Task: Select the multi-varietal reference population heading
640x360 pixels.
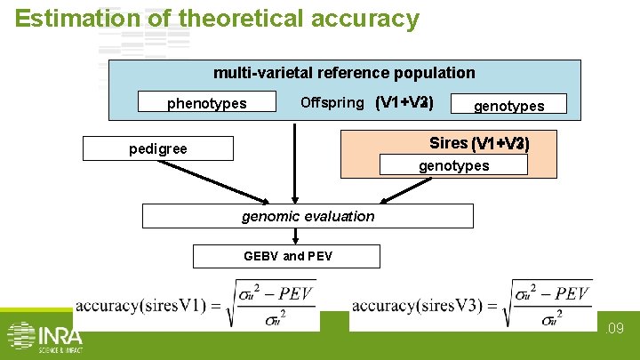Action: coord(344,73)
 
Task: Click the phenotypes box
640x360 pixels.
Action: coord(207,103)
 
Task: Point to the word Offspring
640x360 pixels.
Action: coord(332,102)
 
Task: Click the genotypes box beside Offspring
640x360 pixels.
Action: coord(508,105)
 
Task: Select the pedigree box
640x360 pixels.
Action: coord(158,148)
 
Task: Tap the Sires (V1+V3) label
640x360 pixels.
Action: coord(479,143)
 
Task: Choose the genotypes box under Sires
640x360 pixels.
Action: coord(453,165)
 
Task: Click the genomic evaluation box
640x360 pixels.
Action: coord(308,216)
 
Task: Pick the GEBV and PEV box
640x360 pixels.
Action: coord(288,256)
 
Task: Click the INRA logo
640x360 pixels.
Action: coord(44,337)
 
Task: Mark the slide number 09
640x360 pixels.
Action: coord(616,329)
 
